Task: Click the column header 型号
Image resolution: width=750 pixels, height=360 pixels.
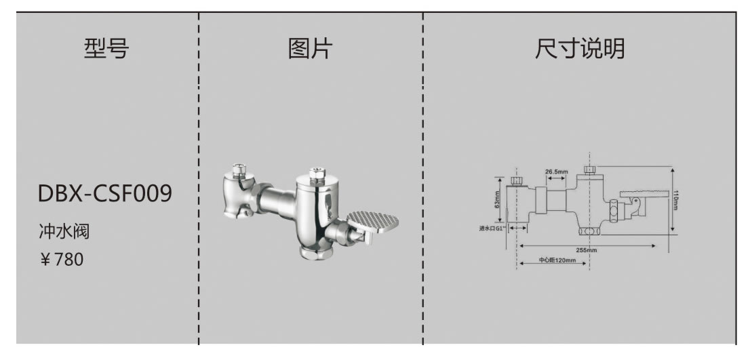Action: pos(106,49)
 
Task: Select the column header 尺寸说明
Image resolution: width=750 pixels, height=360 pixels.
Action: pos(579,49)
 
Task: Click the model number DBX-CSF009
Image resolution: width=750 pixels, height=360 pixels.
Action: pos(105,194)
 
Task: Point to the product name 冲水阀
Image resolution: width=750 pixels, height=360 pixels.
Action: pos(64,232)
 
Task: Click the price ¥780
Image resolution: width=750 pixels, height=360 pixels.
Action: pos(62,259)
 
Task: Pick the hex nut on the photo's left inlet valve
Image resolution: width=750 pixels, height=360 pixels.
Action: pos(238,169)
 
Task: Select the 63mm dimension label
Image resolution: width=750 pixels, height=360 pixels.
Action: pos(498,199)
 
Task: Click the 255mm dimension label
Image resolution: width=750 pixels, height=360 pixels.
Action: pos(587,249)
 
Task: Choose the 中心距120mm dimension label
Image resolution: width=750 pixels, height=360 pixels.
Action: pos(553,260)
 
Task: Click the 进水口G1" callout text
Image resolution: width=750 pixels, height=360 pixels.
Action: pos(492,228)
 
